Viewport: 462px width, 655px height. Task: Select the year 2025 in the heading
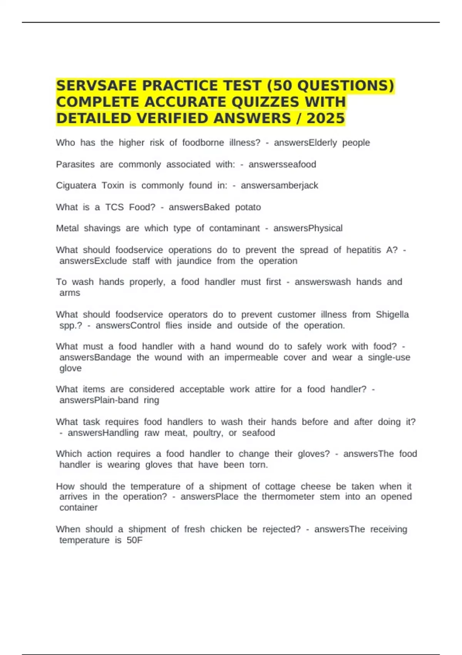tap(325, 118)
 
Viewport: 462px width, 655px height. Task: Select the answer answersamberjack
tap(280, 186)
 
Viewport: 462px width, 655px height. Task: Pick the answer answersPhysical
tap(308, 228)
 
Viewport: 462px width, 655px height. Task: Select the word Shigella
tap(392, 314)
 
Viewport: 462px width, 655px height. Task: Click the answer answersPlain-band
tap(99, 400)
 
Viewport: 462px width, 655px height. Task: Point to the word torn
tap(258, 465)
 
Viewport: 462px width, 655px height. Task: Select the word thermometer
tap(288, 497)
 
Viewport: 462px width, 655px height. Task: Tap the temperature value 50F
tap(134, 540)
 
